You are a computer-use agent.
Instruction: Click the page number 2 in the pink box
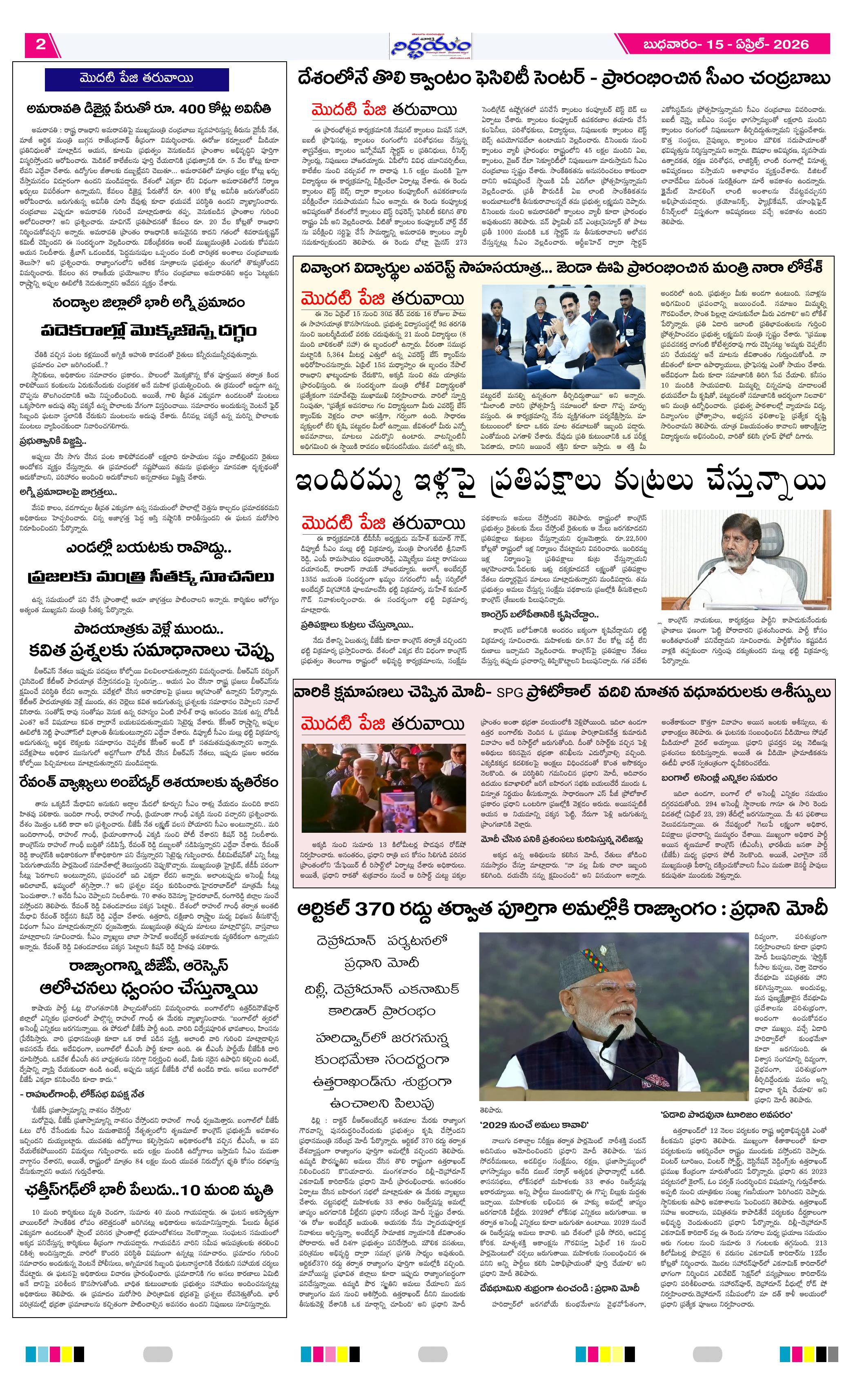(40, 45)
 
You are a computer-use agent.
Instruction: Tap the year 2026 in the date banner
(791, 45)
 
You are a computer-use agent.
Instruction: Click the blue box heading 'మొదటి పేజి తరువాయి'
(137, 79)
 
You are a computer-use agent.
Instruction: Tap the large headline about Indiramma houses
(561, 482)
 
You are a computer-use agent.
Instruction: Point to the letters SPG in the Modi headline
(509, 692)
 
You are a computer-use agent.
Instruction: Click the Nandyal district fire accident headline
(149, 303)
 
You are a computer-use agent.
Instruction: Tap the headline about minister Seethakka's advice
(151, 577)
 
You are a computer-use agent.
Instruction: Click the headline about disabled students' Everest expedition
(563, 268)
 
